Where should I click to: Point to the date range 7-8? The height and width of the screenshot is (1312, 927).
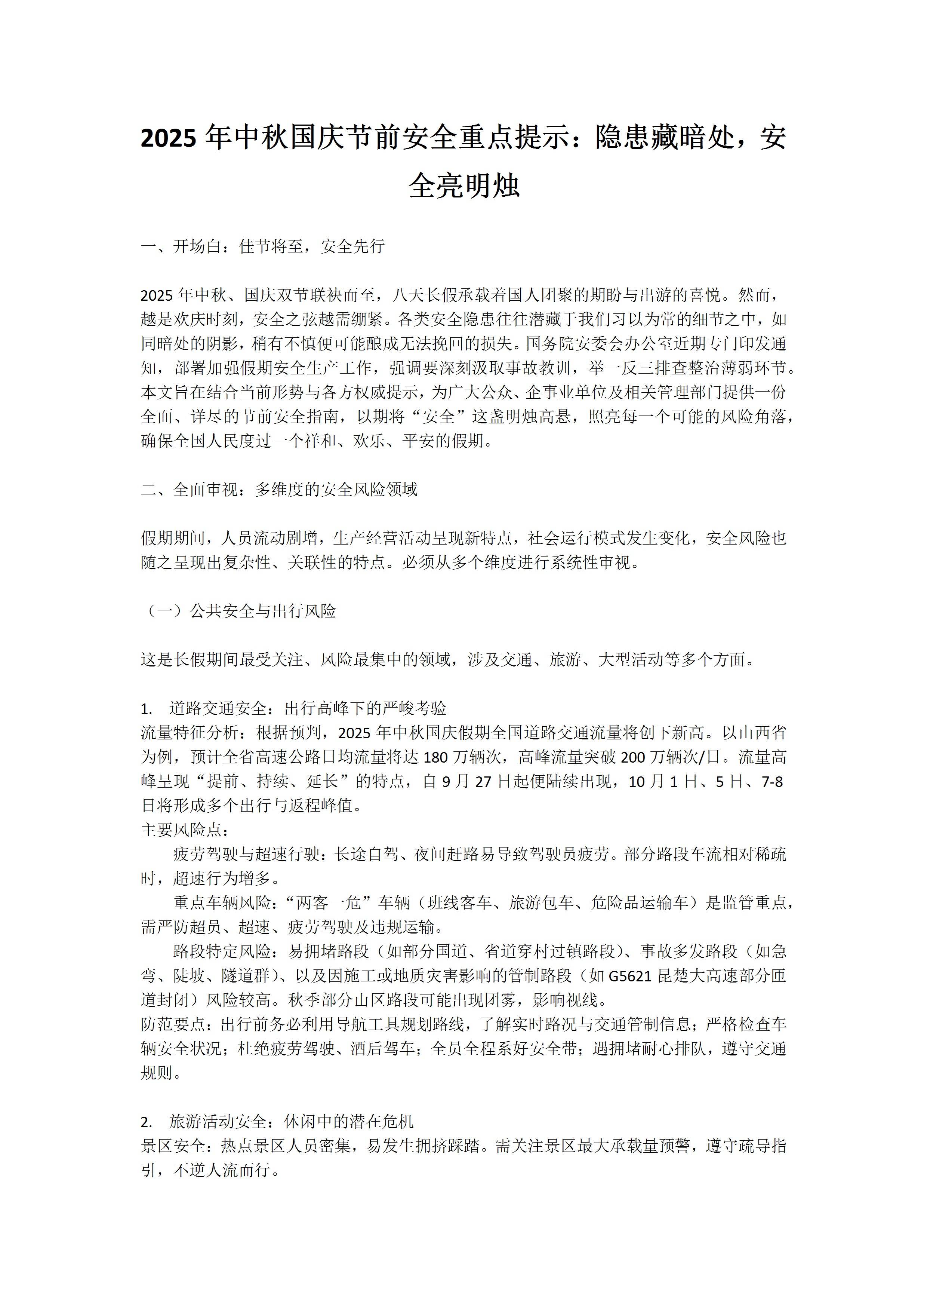click(772, 782)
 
